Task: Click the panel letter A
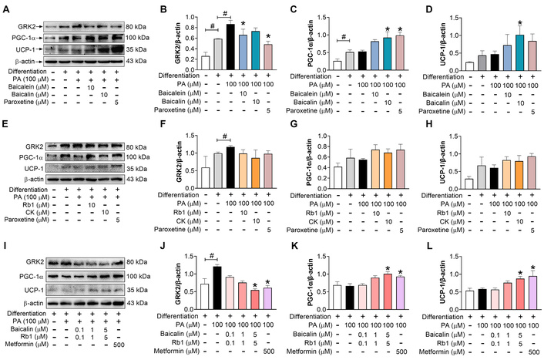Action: coord(5,7)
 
